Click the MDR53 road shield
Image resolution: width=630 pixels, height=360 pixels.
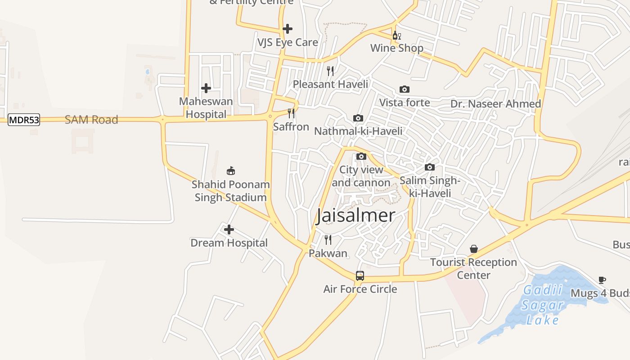tap(24, 120)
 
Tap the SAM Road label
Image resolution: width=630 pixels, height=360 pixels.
tap(91, 120)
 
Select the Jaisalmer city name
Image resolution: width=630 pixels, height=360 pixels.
tap(355, 216)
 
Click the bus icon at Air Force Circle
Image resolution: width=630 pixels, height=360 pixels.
tap(360, 276)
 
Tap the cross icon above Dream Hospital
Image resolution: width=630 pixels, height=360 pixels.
tap(229, 229)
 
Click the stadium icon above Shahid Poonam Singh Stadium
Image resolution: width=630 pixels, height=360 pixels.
tap(231, 171)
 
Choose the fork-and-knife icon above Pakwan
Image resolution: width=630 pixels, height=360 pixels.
tap(328, 239)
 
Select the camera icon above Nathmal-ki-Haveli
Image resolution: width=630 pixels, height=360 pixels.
tap(358, 118)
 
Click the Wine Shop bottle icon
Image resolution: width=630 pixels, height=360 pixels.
tap(396, 36)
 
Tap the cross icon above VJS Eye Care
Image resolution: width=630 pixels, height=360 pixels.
tap(288, 29)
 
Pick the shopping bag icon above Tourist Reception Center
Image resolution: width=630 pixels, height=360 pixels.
tap(474, 249)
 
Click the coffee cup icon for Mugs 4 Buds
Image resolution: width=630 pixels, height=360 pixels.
tap(602, 280)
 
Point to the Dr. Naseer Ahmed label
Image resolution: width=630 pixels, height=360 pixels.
tap(495, 104)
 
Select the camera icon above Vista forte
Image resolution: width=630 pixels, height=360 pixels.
tap(405, 89)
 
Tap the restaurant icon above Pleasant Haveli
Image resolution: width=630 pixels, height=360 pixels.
tap(330, 71)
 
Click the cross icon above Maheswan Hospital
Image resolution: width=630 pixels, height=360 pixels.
tap(206, 88)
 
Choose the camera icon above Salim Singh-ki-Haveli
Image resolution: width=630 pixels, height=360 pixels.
tap(430, 167)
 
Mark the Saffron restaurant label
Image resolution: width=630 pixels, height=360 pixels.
tap(291, 127)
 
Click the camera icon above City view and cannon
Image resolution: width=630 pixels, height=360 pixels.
tap(361, 157)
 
